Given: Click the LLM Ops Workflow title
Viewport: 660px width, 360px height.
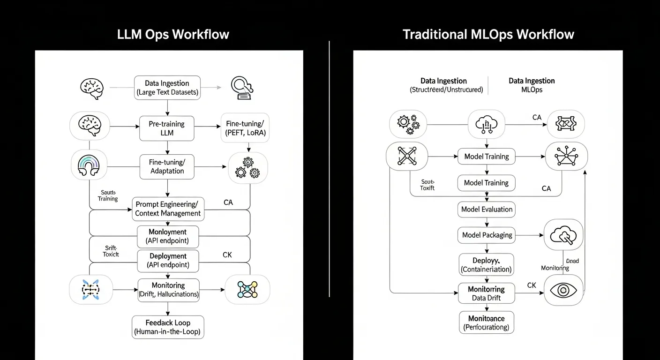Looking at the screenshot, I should tap(173, 34).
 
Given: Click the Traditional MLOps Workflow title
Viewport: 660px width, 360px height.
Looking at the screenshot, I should tap(488, 34).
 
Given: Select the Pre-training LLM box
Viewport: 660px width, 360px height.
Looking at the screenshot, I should tap(167, 128).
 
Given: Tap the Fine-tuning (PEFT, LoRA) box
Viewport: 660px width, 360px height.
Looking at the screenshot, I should tap(245, 128).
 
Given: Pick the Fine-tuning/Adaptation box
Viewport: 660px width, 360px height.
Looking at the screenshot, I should tap(167, 166).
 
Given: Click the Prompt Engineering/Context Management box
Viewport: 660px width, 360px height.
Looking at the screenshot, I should tap(167, 209).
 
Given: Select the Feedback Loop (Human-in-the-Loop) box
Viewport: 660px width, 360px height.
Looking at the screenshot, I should tap(168, 327).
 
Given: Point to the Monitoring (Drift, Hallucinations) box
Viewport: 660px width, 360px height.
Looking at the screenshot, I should tap(168, 290).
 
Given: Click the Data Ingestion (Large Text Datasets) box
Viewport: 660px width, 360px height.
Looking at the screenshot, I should tap(167, 88).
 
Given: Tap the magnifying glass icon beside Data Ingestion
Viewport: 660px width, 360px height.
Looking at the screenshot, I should tap(242, 88).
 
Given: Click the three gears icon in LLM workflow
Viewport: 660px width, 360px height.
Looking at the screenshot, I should tap(247, 167).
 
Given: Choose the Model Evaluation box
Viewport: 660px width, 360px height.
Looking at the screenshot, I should tap(487, 210).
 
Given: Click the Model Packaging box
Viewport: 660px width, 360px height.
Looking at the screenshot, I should tap(487, 235).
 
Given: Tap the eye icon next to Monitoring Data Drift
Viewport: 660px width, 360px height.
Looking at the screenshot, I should tap(563, 290).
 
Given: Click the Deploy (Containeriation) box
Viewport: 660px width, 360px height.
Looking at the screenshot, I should tap(486, 264).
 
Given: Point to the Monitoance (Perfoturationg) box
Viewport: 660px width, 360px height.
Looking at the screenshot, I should tap(486, 322).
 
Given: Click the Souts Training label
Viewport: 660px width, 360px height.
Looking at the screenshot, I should tap(108, 195).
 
